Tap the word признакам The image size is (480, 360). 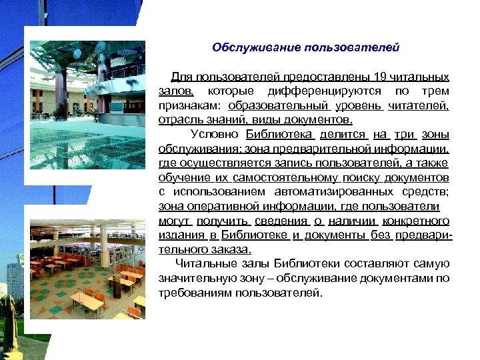[x=189, y=105]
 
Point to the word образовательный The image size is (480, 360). [x=278, y=105]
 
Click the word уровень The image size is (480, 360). [x=359, y=105]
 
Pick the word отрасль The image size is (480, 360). [x=179, y=120]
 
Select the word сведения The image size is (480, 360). [x=281, y=221]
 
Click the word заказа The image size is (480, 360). [x=231, y=250]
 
